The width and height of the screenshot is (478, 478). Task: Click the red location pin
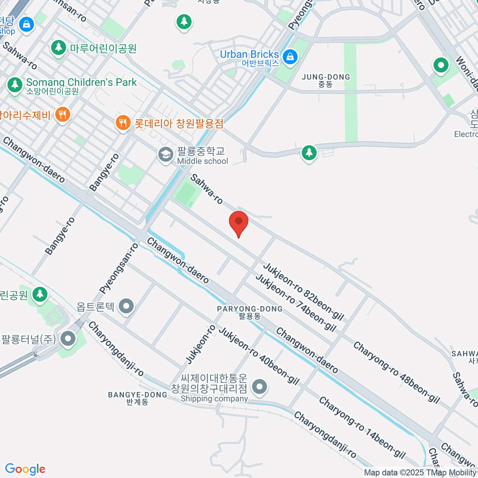[239, 222]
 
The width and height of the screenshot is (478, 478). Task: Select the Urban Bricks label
[249, 54]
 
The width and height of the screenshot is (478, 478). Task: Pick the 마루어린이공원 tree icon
[59, 48]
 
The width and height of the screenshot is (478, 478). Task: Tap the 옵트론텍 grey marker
[127, 306]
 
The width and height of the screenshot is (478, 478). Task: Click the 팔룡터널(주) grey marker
[68, 339]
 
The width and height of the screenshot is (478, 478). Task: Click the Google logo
[25, 469]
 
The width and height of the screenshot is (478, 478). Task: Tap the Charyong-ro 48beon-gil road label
[396, 372]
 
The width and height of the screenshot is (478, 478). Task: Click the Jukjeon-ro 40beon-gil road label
[259, 356]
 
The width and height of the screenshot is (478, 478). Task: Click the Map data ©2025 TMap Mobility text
[420, 473]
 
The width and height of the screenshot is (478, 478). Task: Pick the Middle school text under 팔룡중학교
[203, 161]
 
